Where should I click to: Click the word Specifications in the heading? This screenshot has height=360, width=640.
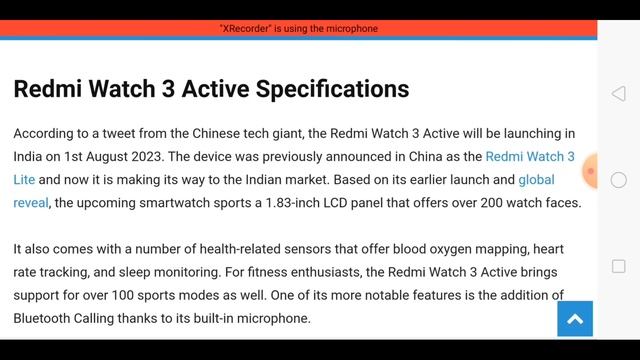point(333,88)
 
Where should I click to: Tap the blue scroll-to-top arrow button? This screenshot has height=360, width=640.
point(575,319)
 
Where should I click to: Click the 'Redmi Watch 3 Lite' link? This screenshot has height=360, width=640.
point(529,156)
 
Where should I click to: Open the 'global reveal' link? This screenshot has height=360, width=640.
point(536,180)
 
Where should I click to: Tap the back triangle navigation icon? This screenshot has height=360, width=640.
point(618,94)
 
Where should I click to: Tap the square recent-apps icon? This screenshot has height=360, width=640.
point(618,266)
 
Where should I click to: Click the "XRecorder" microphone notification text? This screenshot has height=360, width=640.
point(298,29)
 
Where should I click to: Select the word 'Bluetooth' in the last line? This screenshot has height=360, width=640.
point(48,318)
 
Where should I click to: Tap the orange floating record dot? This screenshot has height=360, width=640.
point(591,171)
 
